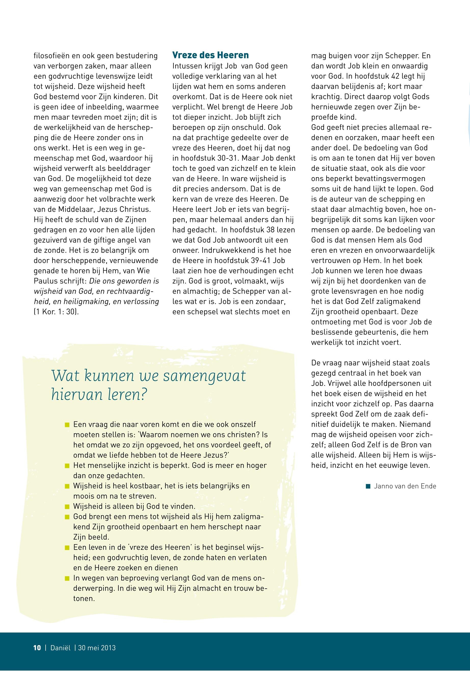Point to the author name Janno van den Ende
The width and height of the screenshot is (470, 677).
click(x=405, y=486)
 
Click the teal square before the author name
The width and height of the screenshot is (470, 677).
click(x=368, y=486)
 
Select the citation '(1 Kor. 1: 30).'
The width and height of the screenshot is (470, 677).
click(x=56, y=312)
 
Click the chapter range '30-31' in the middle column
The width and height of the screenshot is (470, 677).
click(x=229, y=158)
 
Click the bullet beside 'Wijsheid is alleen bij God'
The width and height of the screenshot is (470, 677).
click(x=67, y=507)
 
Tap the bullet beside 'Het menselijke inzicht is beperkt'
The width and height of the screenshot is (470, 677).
click(x=67, y=466)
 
